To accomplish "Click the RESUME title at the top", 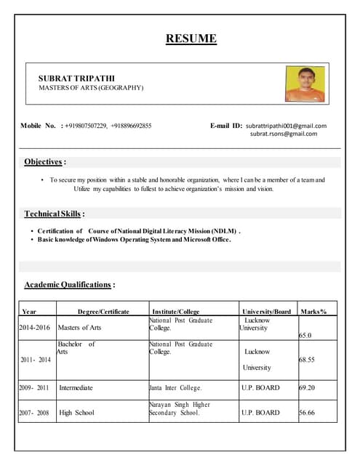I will tap(191, 39).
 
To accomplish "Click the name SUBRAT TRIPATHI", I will tap(76, 78).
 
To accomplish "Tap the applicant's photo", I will tap(305, 84).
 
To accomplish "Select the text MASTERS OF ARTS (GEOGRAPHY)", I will tap(91, 88).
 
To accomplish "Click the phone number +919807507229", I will tap(86, 126).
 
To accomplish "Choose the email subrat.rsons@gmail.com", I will tap(284, 134).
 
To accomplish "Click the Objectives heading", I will tap(45, 161).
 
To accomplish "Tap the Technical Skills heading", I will tap(55, 214).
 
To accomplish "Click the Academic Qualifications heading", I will tap(69, 284).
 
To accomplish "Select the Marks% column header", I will tap(313, 311).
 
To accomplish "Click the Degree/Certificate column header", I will tap(103, 311).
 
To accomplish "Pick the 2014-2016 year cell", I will tap(34, 328).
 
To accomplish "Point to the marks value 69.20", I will tap(308, 388).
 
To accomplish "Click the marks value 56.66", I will tap(308, 413).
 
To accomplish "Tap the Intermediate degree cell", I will tap(76, 388).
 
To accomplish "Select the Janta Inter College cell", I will tap(175, 388).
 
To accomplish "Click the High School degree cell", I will tap(76, 413).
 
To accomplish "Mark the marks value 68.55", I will tap(308, 360).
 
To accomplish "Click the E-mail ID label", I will tap(226, 126).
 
